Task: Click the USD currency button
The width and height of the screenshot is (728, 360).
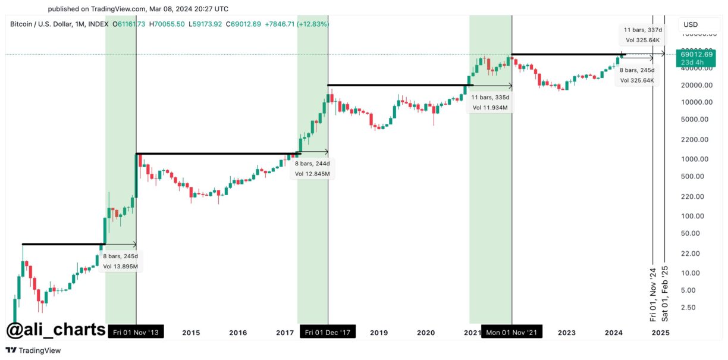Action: pos(690,24)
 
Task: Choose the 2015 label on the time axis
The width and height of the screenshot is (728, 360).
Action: pos(191,333)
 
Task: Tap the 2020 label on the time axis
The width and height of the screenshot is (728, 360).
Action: pos(426,333)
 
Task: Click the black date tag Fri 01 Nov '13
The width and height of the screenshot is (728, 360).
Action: pos(136,332)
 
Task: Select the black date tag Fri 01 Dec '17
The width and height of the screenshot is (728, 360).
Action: pos(328,332)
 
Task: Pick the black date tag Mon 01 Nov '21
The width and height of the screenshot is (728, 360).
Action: pos(512,332)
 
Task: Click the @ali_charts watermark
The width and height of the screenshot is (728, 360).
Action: pos(56,330)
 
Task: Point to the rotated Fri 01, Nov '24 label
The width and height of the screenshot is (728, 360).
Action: pos(652,294)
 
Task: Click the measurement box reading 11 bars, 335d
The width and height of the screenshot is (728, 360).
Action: pos(490,102)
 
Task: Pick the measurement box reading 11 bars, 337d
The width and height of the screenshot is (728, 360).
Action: pos(642,35)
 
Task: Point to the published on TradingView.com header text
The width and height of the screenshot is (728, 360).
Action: pos(138,9)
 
